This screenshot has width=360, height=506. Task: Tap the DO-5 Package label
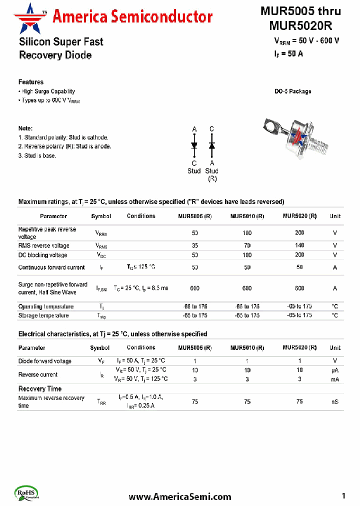pyautogui.click(x=292, y=91)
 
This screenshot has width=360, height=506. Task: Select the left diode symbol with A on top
pyautogui.click(x=194, y=145)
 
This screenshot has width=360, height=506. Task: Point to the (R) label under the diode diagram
pyautogui.click(x=212, y=178)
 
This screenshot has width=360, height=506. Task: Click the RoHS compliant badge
pyautogui.click(x=27, y=492)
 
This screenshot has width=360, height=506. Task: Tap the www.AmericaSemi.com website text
pyautogui.click(x=180, y=496)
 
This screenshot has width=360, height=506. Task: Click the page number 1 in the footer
pyautogui.click(x=344, y=496)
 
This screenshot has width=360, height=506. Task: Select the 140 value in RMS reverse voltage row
pyautogui.click(x=299, y=245)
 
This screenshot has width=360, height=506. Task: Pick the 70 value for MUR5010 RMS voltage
pyautogui.click(x=247, y=245)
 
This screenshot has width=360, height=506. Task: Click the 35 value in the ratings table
pyautogui.click(x=194, y=245)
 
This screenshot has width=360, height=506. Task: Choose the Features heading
pyautogui.click(x=31, y=82)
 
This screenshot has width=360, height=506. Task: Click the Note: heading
pyautogui.click(x=25, y=128)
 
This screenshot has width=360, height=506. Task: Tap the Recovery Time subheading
pyautogui.click(x=40, y=388)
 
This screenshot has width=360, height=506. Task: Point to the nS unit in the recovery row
pyautogui.click(x=334, y=401)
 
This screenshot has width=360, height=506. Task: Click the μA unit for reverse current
pyautogui.click(x=334, y=370)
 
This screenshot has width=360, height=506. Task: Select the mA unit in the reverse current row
pyautogui.click(x=334, y=379)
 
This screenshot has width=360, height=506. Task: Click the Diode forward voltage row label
pyautogui.click(x=45, y=361)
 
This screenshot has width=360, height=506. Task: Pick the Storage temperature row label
pyautogui.click(x=43, y=315)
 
